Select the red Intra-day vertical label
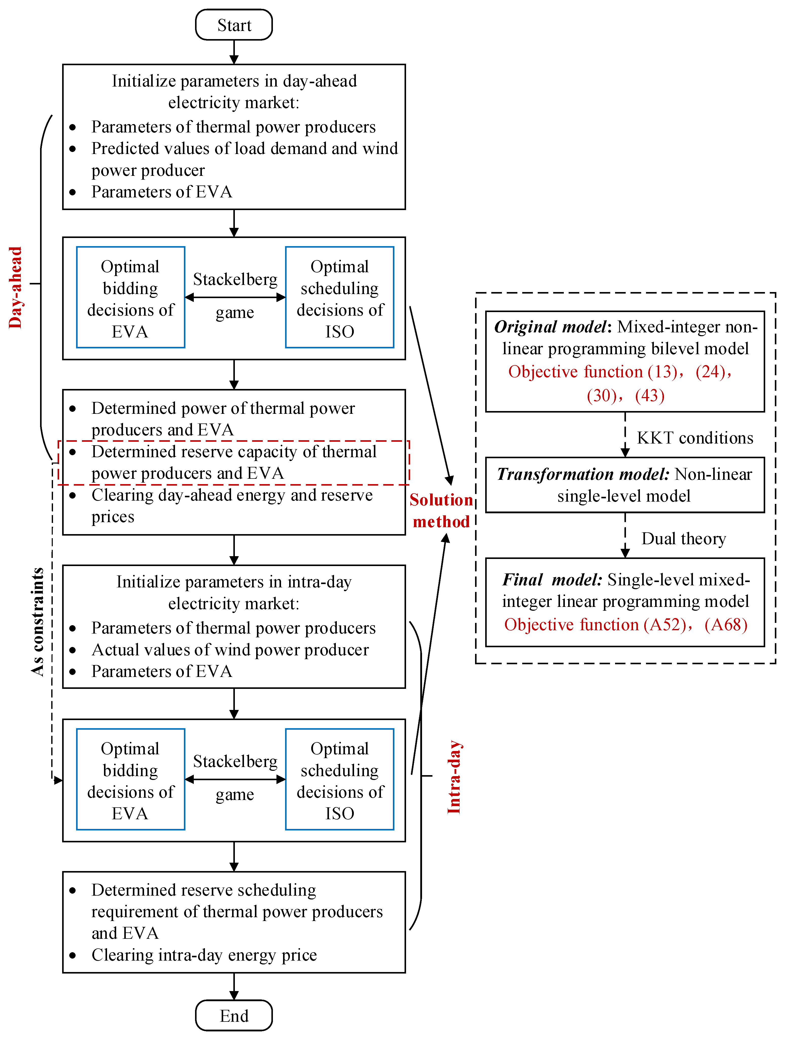point(453,777)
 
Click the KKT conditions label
point(694,438)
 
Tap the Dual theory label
point(683,538)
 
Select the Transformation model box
point(624,485)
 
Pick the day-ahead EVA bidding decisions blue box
point(131,297)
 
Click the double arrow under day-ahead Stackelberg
point(235,297)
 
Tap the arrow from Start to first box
point(234,52)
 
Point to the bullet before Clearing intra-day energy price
point(72,955)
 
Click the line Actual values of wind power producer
point(230,650)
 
